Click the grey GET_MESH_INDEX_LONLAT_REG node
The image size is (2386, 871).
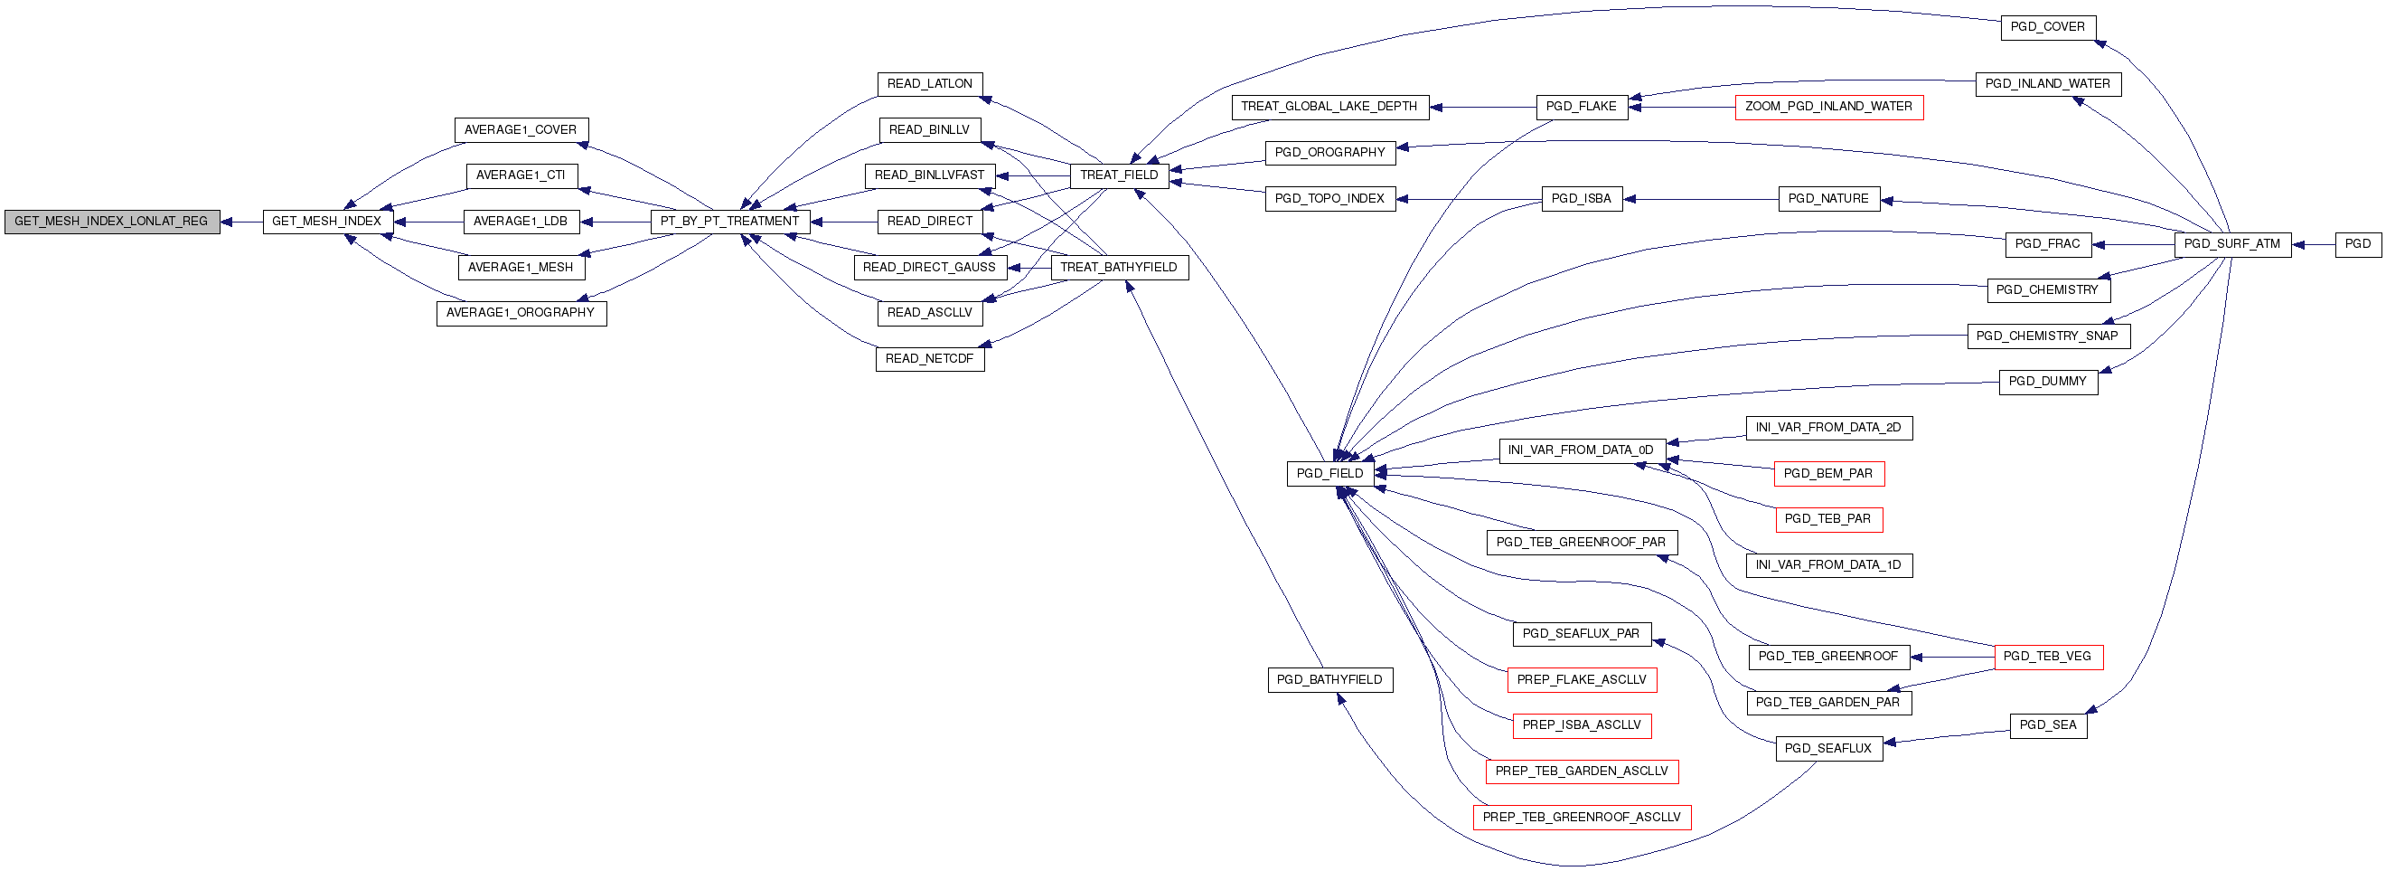pyautogui.click(x=112, y=222)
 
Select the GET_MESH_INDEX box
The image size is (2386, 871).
pyautogui.click(x=328, y=222)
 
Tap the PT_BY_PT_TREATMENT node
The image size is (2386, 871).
pyautogui.click(x=730, y=222)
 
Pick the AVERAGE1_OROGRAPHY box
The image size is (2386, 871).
pyautogui.click(x=521, y=313)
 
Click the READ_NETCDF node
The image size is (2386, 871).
pyautogui.click(x=930, y=358)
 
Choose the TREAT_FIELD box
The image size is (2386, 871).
pyautogui.click(x=1119, y=175)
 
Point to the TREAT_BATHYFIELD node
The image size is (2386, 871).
pyautogui.click(x=1119, y=268)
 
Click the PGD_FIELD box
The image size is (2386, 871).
pyautogui.click(x=1330, y=474)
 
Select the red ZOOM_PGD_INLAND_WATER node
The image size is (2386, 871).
pyautogui.click(x=1829, y=107)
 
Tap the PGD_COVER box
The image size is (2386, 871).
pyautogui.click(x=2048, y=28)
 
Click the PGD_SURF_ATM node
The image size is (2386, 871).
pyautogui.click(x=2232, y=244)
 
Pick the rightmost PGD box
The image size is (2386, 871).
pyautogui.click(x=2358, y=244)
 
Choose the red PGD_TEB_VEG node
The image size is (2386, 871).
pyautogui.click(x=2047, y=657)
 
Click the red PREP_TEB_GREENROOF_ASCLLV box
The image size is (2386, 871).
pyautogui.click(x=1582, y=818)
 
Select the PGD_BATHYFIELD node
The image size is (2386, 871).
pyautogui.click(x=1330, y=680)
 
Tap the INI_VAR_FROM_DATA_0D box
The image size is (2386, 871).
pyautogui.click(x=1582, y=450)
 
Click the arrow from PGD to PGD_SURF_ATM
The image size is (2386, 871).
pyautogui.click(x=2314, y=244)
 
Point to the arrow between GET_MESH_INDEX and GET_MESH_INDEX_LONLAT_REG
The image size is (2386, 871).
pyautogui.click(x=241, y=222)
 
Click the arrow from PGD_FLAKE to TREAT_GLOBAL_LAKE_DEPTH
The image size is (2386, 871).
pyautogui.click(x=1483, y=107)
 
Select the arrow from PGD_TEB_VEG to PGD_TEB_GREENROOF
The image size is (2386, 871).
pyautogui.click(x=1952, y=657)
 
